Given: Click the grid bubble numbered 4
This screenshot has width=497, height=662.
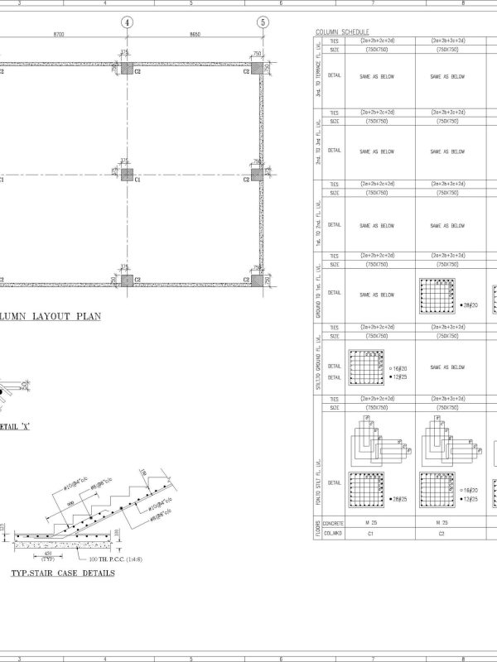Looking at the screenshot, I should click(x=127, y=22).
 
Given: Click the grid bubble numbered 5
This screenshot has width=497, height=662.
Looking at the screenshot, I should click(x=263, y=22).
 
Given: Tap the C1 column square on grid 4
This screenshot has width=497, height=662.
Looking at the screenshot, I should click(x=127, y=175).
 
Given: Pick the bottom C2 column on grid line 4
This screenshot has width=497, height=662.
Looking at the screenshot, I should click(x=127, y=280).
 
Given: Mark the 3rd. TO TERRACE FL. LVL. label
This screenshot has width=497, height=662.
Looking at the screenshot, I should click(x=318, y=75).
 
